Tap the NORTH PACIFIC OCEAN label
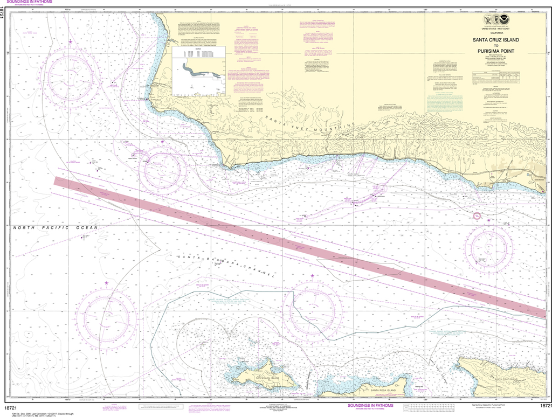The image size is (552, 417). point(56,228)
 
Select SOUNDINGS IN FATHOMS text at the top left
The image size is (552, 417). point(33,3)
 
